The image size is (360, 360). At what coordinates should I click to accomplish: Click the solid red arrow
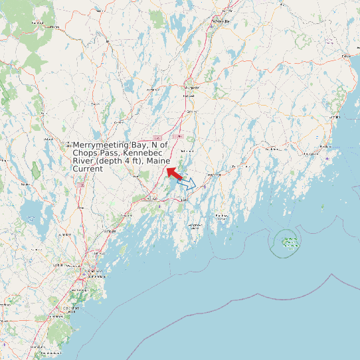tap(173, 173)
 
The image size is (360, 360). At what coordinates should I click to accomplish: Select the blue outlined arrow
tap(187, 183)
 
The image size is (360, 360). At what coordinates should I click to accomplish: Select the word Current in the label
tap(88, 169)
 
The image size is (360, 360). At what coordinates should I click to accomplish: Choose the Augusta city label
tap(192, 87)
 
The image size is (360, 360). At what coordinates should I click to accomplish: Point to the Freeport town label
tap(126, 217)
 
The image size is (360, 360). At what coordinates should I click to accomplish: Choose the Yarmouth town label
tap(110, 230)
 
